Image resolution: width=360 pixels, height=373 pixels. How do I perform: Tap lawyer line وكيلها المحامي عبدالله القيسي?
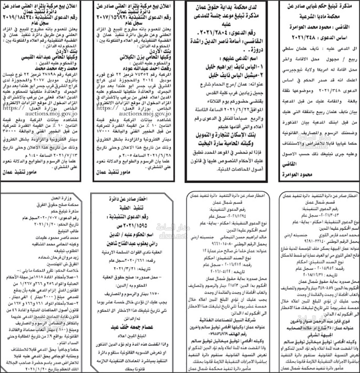[x=45, y=57]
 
